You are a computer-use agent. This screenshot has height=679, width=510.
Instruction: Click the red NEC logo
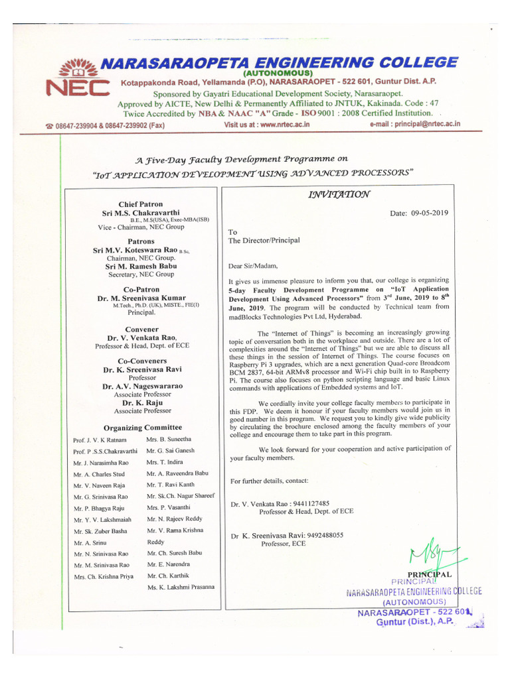point(74,80)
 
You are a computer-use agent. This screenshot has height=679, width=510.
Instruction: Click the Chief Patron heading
point(140,204)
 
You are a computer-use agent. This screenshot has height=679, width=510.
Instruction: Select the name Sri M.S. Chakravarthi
point(140,213)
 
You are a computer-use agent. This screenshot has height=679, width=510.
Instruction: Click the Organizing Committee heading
point(142,427)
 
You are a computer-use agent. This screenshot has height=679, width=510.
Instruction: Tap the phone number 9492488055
point(315,535)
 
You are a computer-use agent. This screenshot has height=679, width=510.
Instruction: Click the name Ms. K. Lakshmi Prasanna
point(181,587)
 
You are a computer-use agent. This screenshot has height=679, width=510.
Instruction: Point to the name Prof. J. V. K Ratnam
point(100,440)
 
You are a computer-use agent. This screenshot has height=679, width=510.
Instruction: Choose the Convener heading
point(141,329)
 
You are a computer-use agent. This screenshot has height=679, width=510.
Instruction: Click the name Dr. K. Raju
point(141,402)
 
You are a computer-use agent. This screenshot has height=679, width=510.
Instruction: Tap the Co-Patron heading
point(141,290)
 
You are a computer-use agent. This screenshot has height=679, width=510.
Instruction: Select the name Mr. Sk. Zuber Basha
point(101,532)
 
